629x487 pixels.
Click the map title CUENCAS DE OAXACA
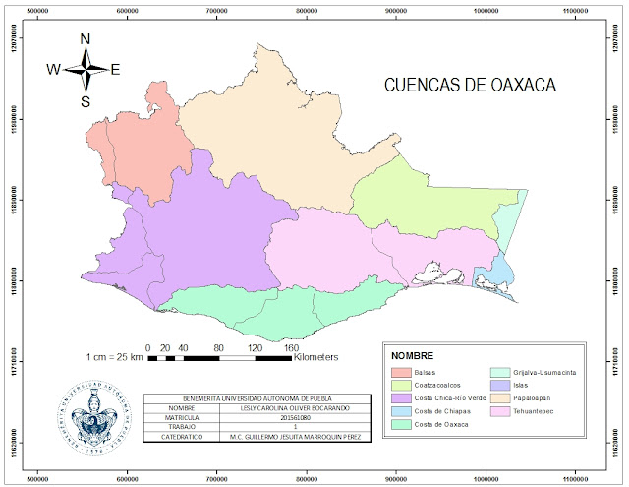[470, 85]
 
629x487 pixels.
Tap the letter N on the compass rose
[86, 39]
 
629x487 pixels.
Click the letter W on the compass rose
[54, 69]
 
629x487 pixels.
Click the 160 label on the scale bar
[291, 348]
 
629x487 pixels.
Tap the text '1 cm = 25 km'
[114, 357]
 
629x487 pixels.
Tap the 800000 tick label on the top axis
[308, 11]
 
